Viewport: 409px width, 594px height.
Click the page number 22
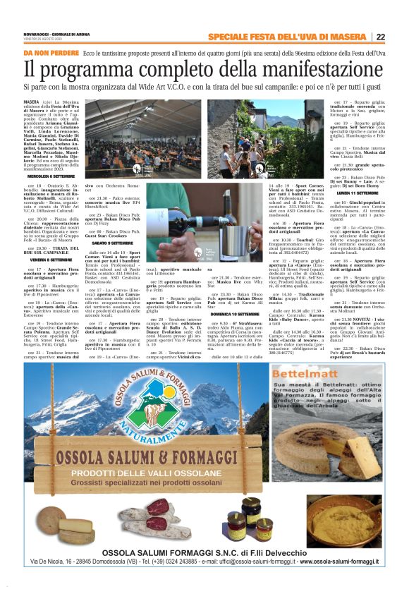pyautogui.click(x=380, y=37)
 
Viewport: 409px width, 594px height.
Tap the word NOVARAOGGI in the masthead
pyautogui.click(x=38, y=32)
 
